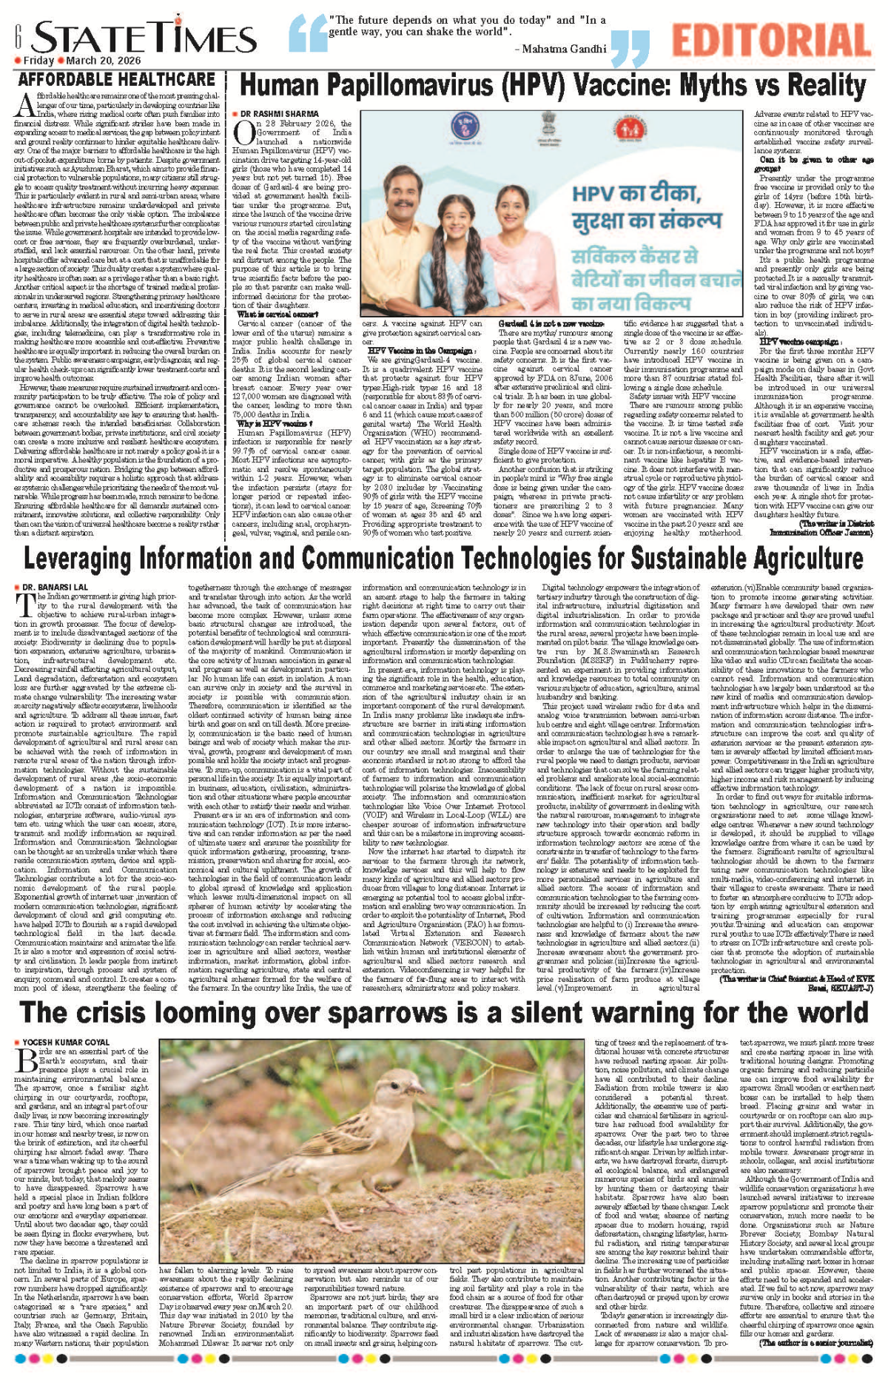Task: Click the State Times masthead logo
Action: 144,37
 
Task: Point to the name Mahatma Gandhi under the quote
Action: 563,49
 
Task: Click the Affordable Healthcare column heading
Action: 117,79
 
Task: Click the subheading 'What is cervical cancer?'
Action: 267,314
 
